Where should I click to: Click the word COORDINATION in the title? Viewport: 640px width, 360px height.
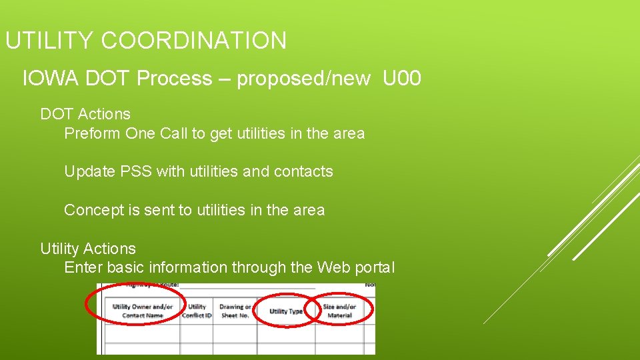click(194, 41)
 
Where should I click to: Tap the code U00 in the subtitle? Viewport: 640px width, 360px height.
click(402, 79)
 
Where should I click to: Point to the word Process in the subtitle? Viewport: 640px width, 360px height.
click(174, 79)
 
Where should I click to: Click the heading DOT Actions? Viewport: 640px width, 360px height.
click(85, 114)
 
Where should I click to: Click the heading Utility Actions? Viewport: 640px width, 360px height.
click(88, 249)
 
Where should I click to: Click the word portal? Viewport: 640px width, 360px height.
click(375, 267)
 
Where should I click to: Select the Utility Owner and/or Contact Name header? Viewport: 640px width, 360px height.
click(142, 311)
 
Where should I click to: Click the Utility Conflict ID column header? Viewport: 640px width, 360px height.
click(197, 311)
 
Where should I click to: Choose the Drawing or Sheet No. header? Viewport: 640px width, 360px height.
click(235, 311)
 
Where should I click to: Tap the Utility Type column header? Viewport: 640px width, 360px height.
click(286, 311)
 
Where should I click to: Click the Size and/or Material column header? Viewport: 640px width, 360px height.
click(339, 311)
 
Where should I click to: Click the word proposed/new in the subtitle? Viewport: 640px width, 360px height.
click(303, 79)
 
